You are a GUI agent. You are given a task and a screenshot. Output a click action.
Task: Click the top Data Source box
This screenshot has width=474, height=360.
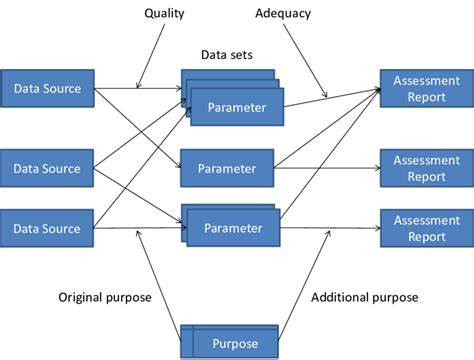47,88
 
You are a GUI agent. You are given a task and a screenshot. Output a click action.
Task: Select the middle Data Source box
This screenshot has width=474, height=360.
47,168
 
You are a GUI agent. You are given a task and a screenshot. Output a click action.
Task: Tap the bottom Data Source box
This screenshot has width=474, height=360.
47,228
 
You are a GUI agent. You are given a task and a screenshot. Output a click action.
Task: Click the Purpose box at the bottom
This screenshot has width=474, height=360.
234,344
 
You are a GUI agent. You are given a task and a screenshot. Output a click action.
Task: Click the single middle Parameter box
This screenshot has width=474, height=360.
228,168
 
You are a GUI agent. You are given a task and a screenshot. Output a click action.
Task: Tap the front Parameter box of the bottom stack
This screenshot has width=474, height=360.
233,228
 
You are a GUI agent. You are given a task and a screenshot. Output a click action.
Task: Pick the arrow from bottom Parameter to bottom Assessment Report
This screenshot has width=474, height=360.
326,228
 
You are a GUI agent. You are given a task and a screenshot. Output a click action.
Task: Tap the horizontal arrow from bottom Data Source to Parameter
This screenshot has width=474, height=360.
140,228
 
